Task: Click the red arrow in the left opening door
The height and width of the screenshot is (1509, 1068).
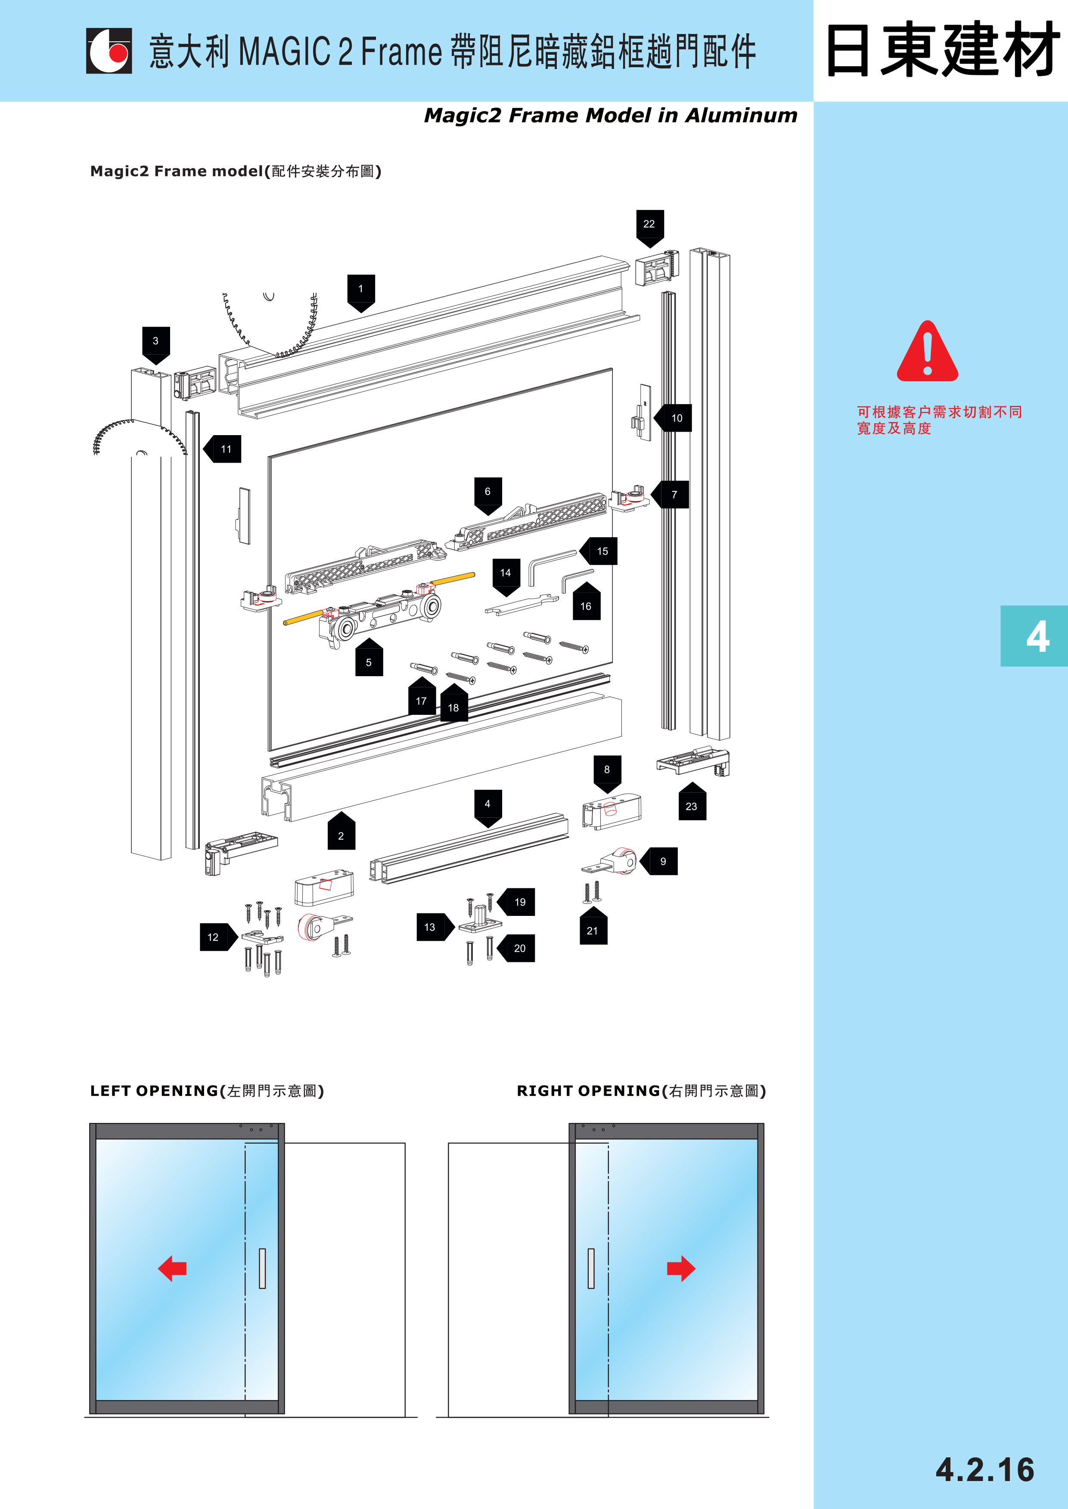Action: click(x=172, y=1268)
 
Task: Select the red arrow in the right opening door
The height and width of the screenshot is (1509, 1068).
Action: click(x=681, y=1268)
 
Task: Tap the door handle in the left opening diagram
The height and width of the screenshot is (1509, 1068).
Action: click(x=262, y=1268)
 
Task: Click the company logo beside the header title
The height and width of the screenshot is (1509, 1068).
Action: click(x=109, y=51)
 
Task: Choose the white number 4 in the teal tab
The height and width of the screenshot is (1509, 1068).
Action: click(x=1037, y=636)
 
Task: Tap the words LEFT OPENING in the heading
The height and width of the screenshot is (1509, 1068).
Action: click(x=154, y=1091)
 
